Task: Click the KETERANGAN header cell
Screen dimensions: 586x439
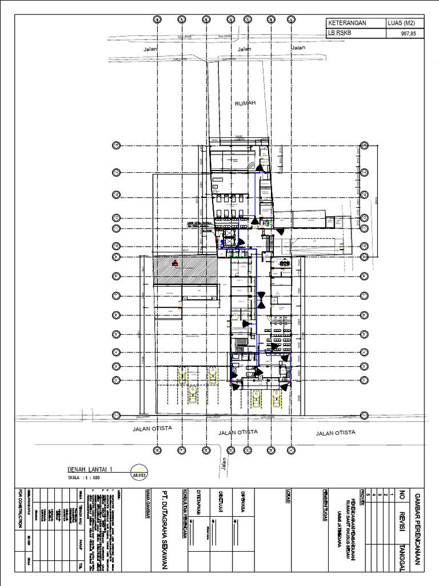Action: click(x=346, y=23)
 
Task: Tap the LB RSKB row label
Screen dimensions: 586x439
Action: click(x=339, y=33)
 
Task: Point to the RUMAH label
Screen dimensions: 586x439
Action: click(x=244, y=104)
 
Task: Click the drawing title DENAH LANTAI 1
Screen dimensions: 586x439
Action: click(x=91, y=469)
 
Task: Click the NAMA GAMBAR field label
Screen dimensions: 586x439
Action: click(x=147, y=504)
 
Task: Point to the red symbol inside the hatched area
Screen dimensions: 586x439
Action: click(x=175, y=264)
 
